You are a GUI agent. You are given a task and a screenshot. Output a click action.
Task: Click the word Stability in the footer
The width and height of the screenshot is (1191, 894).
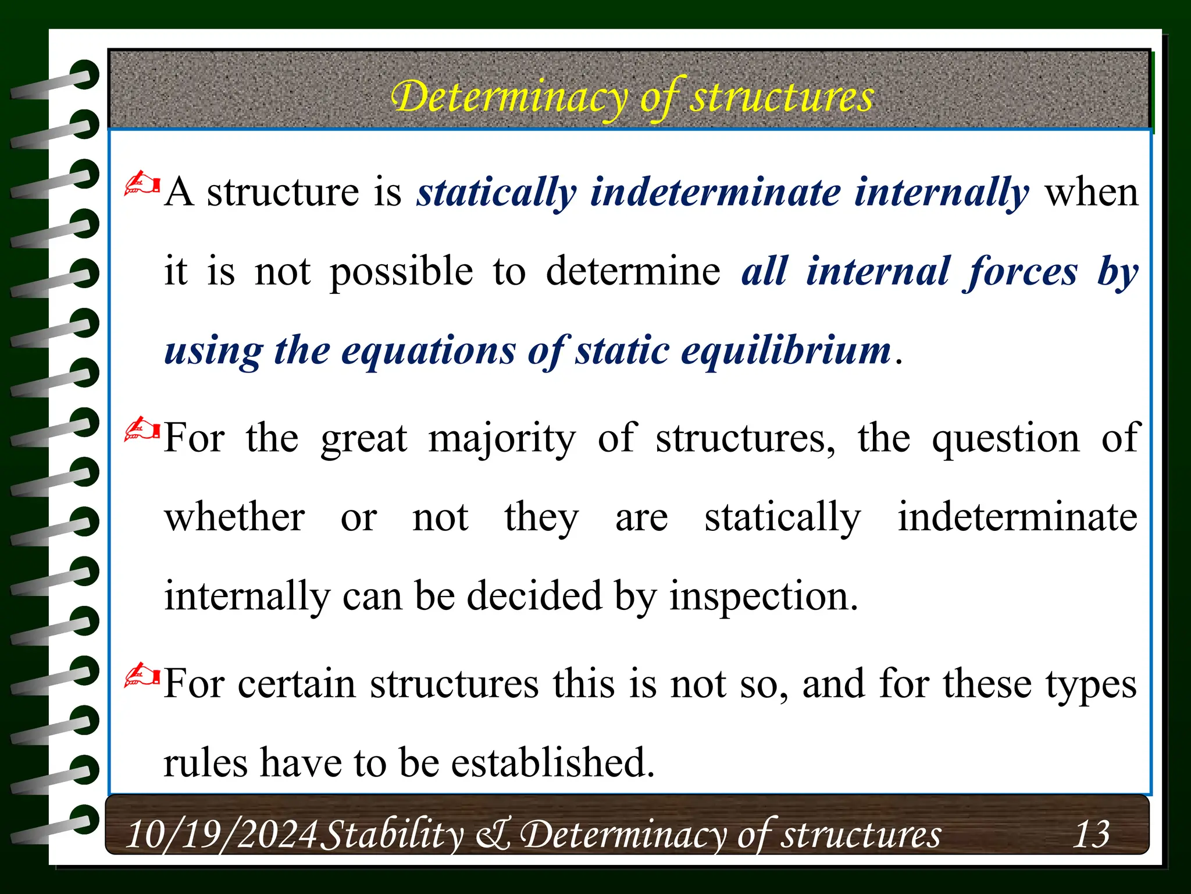(392, 835)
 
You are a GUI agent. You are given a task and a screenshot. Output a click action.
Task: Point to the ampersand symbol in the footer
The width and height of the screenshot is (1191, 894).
(493, 835)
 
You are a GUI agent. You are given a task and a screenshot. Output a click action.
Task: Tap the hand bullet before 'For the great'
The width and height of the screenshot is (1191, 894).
(142, 430)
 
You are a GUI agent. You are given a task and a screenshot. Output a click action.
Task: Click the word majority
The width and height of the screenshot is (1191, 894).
(502, 439)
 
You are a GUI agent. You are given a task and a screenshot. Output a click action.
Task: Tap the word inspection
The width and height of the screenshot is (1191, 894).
(764, 596)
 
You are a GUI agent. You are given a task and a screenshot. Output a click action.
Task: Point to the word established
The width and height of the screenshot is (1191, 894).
(553, 762)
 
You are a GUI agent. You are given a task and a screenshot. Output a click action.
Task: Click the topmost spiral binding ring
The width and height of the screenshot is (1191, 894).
(84, 74)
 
